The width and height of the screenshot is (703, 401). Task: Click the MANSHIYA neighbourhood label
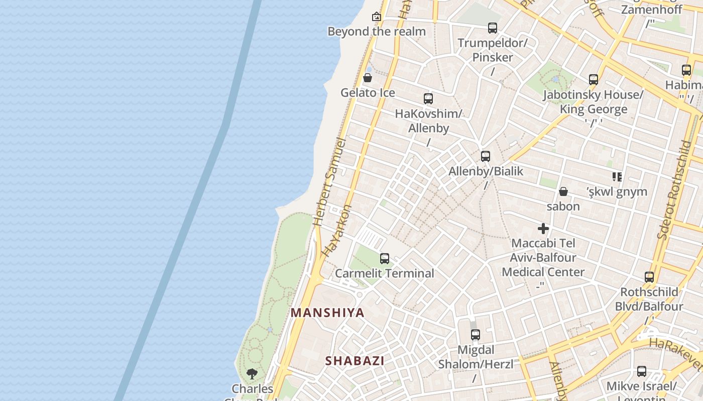click(x=327, y=313)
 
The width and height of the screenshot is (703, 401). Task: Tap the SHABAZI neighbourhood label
click(x=355, y=360)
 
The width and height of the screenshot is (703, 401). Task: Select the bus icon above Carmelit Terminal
click(x=385, y=259)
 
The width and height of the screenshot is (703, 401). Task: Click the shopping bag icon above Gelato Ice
click(x=368, y=78)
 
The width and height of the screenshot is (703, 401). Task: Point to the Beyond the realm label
click(x=377, y=32)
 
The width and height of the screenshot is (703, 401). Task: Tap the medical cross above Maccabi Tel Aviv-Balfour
click(x=543, y=229)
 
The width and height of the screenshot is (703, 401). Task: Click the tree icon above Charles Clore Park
click(x=252, y=373)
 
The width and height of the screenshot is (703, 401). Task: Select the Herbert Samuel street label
click(x=329, y=182)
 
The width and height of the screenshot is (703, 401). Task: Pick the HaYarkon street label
click(x=337, y=231)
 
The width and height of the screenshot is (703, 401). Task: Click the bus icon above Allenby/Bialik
click(x=486, y=156)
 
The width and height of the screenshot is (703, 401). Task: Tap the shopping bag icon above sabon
click(x=563, y=191)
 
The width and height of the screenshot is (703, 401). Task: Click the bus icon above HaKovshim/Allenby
click(x=428, y=99)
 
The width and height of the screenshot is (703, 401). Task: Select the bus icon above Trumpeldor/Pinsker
click(x=493, y=28)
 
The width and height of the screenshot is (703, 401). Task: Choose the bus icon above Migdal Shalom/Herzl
click(x=476, y=334)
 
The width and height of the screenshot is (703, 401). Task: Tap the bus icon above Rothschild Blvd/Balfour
click(x=649, y=277)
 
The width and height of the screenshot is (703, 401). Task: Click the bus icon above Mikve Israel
click(x=642, y=371)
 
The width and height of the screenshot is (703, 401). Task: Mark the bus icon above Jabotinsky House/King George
click(x=594, y=79)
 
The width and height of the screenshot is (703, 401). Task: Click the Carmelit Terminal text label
click(x=385, y=273)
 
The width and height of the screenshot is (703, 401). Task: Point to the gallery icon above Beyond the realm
click(x=377, y=17)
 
